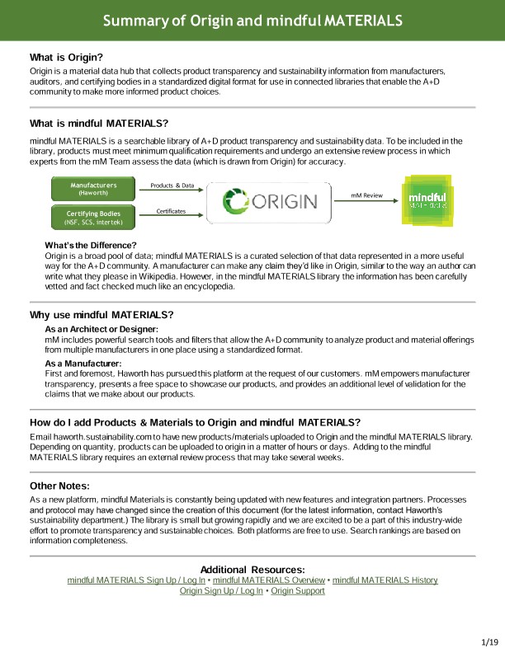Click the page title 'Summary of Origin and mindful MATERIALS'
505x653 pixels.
[x=252, y=20]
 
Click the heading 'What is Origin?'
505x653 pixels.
[x=66, y=57]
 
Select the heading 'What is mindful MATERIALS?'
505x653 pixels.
[x=99, y=124]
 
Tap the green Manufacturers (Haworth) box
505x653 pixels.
[x=93, y=190]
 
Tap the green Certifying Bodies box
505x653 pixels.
[x=93, y=217]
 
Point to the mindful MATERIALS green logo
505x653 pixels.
[x=427, y=201]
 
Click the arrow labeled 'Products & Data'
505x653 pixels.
[x=172, y=191]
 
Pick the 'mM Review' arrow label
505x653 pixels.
[x=366, y=195]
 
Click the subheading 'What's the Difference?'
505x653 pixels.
[x=90, y=246]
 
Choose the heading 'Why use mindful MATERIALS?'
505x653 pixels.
[x=101, y=315]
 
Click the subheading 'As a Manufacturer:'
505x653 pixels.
[x=83, y=363]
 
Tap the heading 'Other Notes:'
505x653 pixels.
[x=59, y=486]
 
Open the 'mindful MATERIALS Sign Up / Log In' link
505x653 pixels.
[x=137, y=580]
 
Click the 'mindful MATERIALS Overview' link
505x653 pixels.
[x=268, y=580]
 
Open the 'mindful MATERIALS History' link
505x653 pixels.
[x=385, y=580]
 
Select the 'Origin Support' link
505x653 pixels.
[x=298, y=591]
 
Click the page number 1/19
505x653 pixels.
[x=489, y=641]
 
